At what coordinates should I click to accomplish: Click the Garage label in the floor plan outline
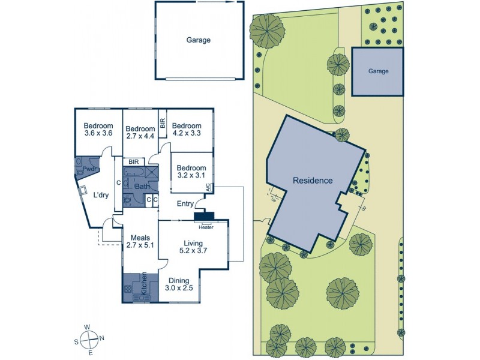[199, 40]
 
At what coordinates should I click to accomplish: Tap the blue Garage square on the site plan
[378, 71]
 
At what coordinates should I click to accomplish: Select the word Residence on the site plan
[312, 180]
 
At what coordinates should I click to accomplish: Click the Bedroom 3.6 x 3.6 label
[98, 129]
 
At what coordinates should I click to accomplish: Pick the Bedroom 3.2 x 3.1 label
[191, 172]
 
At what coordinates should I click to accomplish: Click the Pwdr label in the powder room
[90, 170]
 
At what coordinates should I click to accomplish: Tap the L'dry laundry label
[100, 194]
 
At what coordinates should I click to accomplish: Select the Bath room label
[142, 187]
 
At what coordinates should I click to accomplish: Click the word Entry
[185, 204]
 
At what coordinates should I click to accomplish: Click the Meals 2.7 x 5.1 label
[140, 241]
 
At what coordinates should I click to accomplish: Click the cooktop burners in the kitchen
[129, 289]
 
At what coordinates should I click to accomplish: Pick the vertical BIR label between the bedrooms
[163, 123]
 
